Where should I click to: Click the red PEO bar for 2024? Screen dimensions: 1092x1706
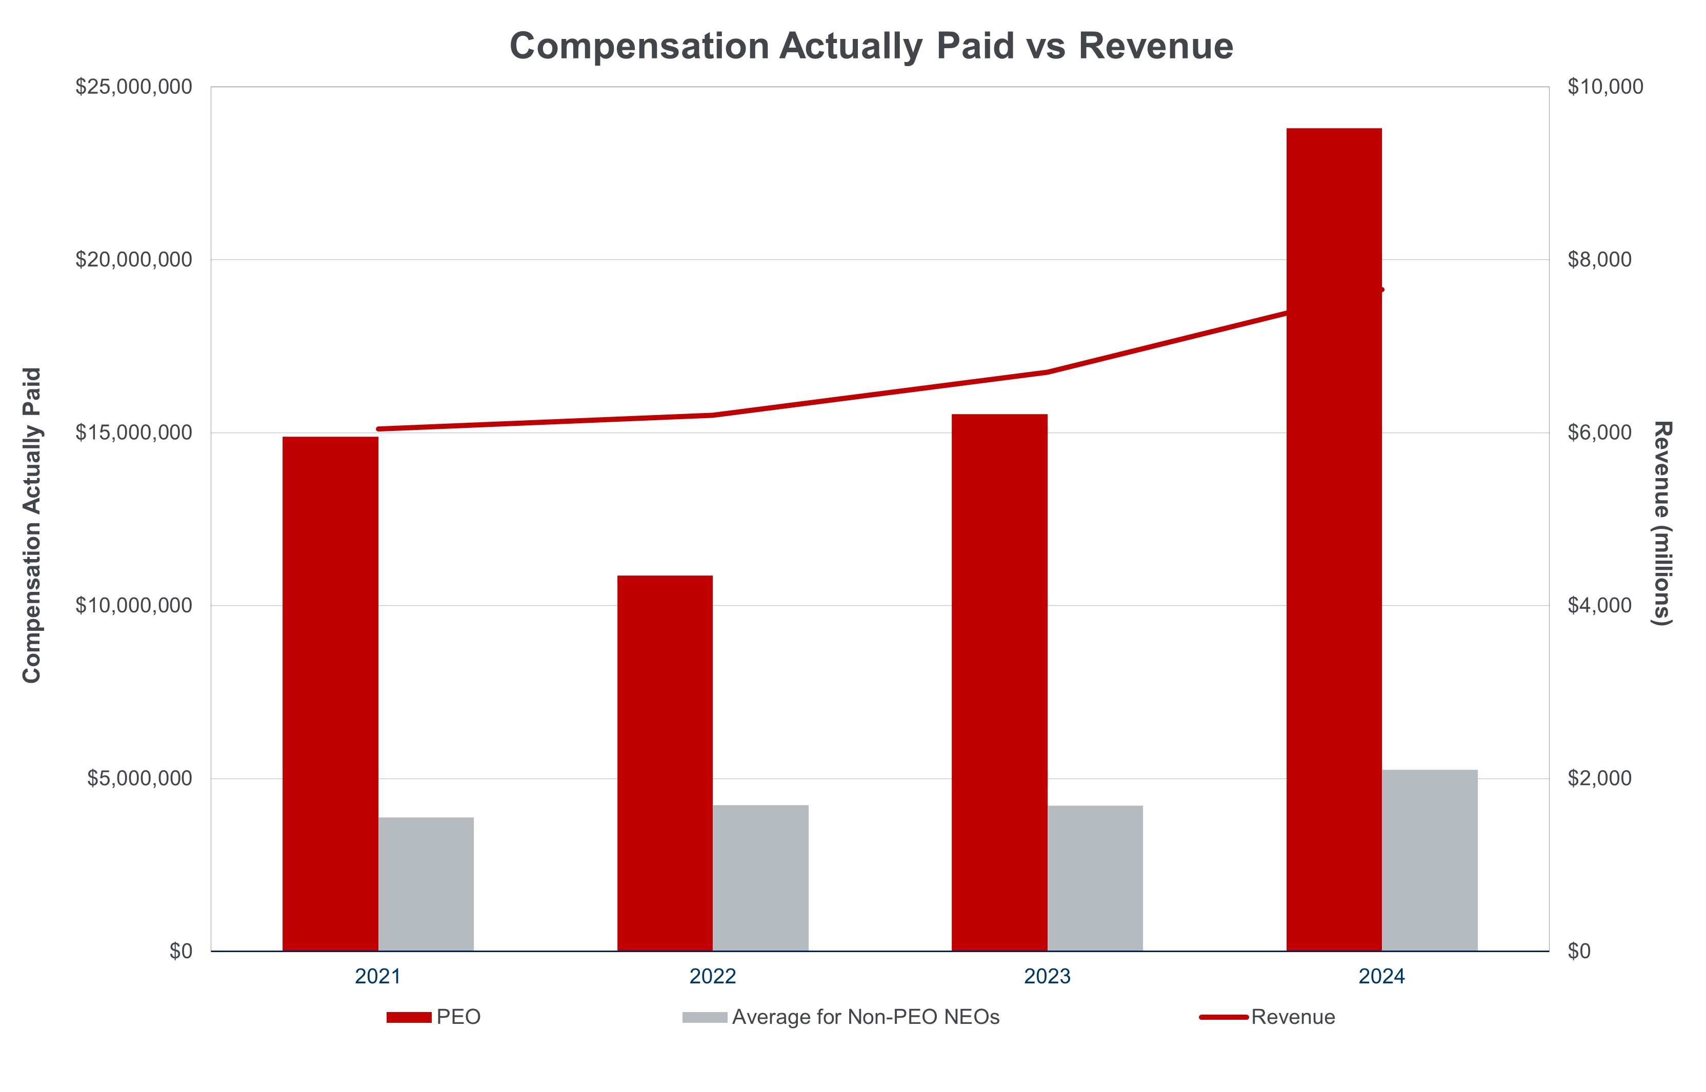point(1334,539)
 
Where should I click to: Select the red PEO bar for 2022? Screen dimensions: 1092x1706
point(665,763)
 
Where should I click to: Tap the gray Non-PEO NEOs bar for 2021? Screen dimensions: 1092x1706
point(426,883)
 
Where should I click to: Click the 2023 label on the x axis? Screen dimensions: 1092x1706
point(1047,976)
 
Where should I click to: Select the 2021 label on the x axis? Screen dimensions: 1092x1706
point(377,976)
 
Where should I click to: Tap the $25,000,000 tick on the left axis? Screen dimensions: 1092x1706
point(133,87)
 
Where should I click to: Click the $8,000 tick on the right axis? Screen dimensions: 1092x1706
point(1599,259)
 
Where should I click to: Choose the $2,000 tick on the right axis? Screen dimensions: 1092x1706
point(1599,778)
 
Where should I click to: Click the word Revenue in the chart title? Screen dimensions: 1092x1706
point(1156,46)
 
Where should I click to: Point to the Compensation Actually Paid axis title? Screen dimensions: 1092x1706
point(32,525)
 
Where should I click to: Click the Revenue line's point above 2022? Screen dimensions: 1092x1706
point(713,415)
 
